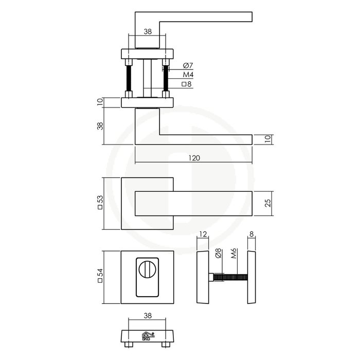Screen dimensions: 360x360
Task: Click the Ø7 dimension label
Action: tap(188, 66)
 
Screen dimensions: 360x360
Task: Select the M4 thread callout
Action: tap(188, 75)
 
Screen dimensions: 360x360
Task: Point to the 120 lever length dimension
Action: tap(194, 158)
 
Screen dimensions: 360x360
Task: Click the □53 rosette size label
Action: tap(101, 204)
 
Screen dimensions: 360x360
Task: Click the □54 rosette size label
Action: tap(101, 278)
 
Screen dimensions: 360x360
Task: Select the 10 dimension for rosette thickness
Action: tap(101, 103)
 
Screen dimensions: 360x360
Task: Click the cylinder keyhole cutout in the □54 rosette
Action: tap(147, 280)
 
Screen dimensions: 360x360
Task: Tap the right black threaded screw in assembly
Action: tap(165, 79)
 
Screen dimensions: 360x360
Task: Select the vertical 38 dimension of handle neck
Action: tap(101, 126)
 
